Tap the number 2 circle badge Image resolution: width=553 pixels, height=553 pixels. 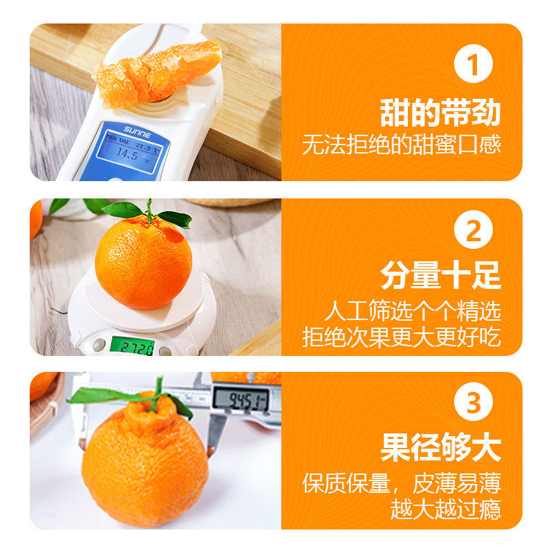[473, 233]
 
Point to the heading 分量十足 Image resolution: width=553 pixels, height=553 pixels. [440, 278]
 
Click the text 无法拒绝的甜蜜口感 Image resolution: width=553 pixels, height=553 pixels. [401, 144]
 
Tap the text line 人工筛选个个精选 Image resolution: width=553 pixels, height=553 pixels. [413, 311]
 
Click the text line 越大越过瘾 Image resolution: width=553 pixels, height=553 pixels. [445, 509]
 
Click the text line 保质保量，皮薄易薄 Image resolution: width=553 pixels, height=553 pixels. [401, 482]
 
